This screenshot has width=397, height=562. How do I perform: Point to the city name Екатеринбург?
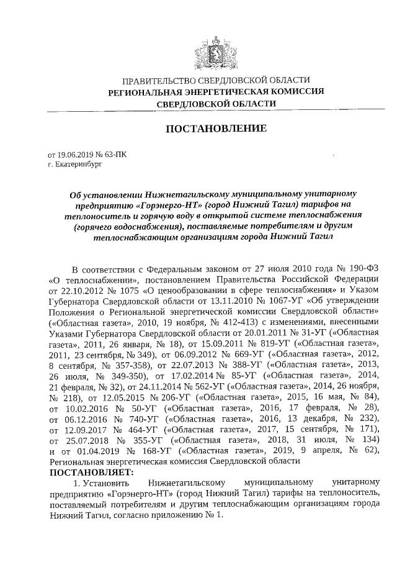coord(77,165)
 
